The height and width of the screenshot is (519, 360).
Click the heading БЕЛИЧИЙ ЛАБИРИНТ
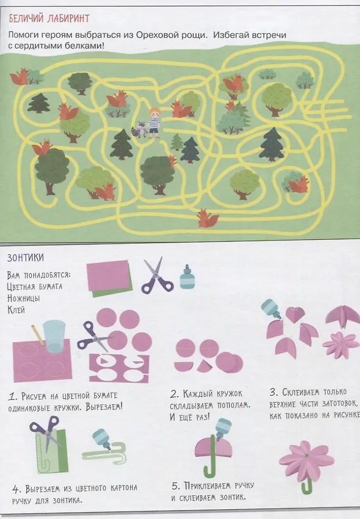[x=50, y=18]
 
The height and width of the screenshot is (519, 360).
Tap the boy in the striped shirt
[x=154, y=123]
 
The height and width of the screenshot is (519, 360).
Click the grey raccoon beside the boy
[x=140, y=129]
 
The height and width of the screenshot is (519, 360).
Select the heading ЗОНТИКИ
[x=25, y=258]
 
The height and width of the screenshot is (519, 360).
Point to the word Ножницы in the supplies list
[x=24, y=298]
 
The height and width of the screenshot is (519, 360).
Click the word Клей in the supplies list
[x=16, y=310]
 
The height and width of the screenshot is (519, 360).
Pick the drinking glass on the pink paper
[x=54, y=336]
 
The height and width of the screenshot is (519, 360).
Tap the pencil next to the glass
[x=38, y=335]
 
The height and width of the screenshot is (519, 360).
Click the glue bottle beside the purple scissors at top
[x=186, y=277]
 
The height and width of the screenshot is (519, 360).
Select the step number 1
[x=12, y=397]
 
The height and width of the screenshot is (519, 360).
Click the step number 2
[x=175, y=394]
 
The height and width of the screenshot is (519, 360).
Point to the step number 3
[x=274, y=393]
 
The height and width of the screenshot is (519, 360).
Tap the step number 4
[x=17, y=489]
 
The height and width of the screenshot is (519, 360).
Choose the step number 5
[x=176, y=486]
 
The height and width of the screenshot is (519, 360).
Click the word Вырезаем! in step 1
[x=104, y=407]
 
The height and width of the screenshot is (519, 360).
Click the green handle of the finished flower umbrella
[x=306, y=485]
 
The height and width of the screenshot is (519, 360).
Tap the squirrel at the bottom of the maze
[x=208, y=218]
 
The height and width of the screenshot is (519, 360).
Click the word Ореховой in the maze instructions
[x=155, y=35]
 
